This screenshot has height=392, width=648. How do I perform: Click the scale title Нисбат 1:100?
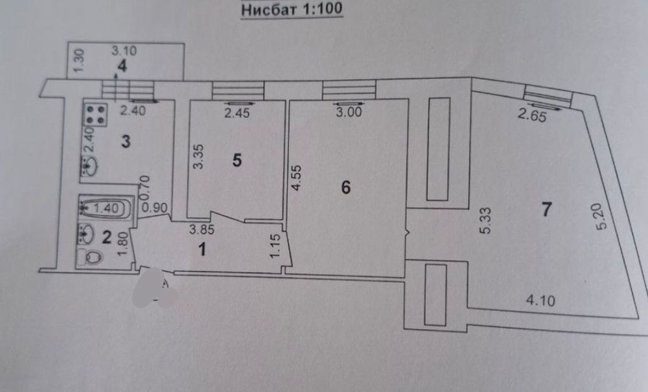pyautogui.click(x=292, y=9)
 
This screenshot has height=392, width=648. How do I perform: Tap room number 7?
pyautogui.click(x=546, y=209)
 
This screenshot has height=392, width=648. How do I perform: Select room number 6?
pyautogui.click(x=346, y=188)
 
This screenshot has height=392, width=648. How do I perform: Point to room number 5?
pyautogui.click(x=237, y=160)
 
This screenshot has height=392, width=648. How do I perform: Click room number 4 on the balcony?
pyautogui.click(x=122, y=66)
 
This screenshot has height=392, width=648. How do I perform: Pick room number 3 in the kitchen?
pyautogui.click(x=126, y=141)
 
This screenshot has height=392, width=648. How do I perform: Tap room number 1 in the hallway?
pyautogui.click(x=202, y=250)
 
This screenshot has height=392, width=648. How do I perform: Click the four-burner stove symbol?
pyautogui.click(x=95, y=115)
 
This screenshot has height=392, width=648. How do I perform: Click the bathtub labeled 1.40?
pyautogui.click(x=106, y=208)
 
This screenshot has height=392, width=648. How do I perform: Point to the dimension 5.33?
pyautogui.click(x=486, y=221)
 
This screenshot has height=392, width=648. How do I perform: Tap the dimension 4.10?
pyautogui.click(x=540, y=300)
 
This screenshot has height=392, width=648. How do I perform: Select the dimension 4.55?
pyautogui.click(x=297, y=178)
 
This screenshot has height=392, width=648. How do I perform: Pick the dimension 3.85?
pyautogui.click(x=202, y=229)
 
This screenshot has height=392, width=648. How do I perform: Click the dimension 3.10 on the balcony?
pyautogui.click(x=124, y=51)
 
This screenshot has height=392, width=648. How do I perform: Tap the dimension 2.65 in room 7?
pyautogui.click(x=532, y=116)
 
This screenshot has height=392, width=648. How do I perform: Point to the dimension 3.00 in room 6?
pyautogui.click(x=349, y=112)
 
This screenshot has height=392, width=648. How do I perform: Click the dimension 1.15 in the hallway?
pyautogui.click(x=275, y=246)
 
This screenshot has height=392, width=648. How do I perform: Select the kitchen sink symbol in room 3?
pyautogui.click(x=89, y=166)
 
